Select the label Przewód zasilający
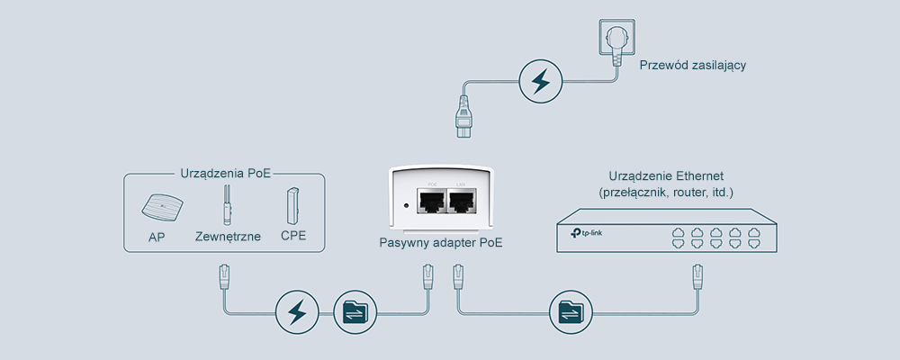692,66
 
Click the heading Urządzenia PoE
225,173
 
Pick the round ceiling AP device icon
159,209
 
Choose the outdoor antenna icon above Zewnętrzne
228,207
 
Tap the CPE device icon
292,207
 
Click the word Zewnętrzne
228,238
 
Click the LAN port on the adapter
461,203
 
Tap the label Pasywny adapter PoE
441,243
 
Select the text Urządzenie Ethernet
666,175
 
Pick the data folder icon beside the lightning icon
351,312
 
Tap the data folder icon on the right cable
569,312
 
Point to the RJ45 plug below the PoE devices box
223,276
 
